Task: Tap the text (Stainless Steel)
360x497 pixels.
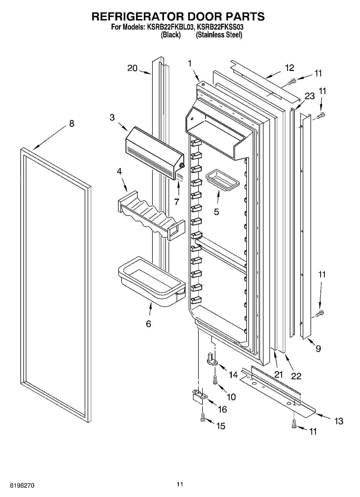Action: click(219, 35)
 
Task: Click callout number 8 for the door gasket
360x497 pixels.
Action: click(72, 124)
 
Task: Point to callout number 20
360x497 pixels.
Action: click(132, 68)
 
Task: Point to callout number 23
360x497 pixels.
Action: click(309, 96)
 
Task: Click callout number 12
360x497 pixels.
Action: click(290, 68)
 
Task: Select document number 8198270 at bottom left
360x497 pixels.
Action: click(22, 485)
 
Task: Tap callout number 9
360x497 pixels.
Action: click(318, 349)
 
